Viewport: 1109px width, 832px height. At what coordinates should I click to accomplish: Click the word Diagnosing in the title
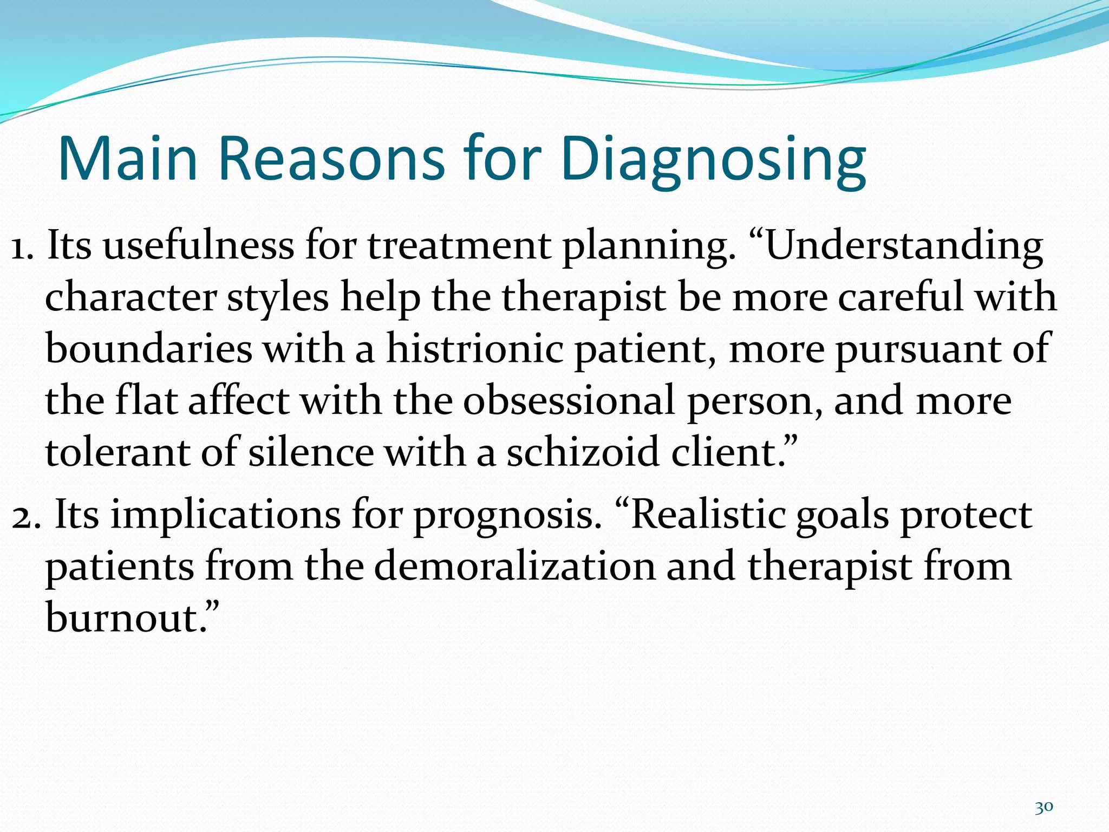(714, 160)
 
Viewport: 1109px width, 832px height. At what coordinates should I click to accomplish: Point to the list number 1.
(22, 246)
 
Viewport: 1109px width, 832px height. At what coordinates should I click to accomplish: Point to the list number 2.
(25, 515)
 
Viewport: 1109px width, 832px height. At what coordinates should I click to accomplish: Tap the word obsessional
(569, 401)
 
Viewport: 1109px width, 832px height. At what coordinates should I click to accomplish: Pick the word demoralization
(514, 566)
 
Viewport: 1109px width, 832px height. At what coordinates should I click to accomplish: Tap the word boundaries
(149, 349)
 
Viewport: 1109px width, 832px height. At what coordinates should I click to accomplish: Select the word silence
(311, 452)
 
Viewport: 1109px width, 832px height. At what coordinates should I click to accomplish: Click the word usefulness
(198, 246)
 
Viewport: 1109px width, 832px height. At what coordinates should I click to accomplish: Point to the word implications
(226, 515)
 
